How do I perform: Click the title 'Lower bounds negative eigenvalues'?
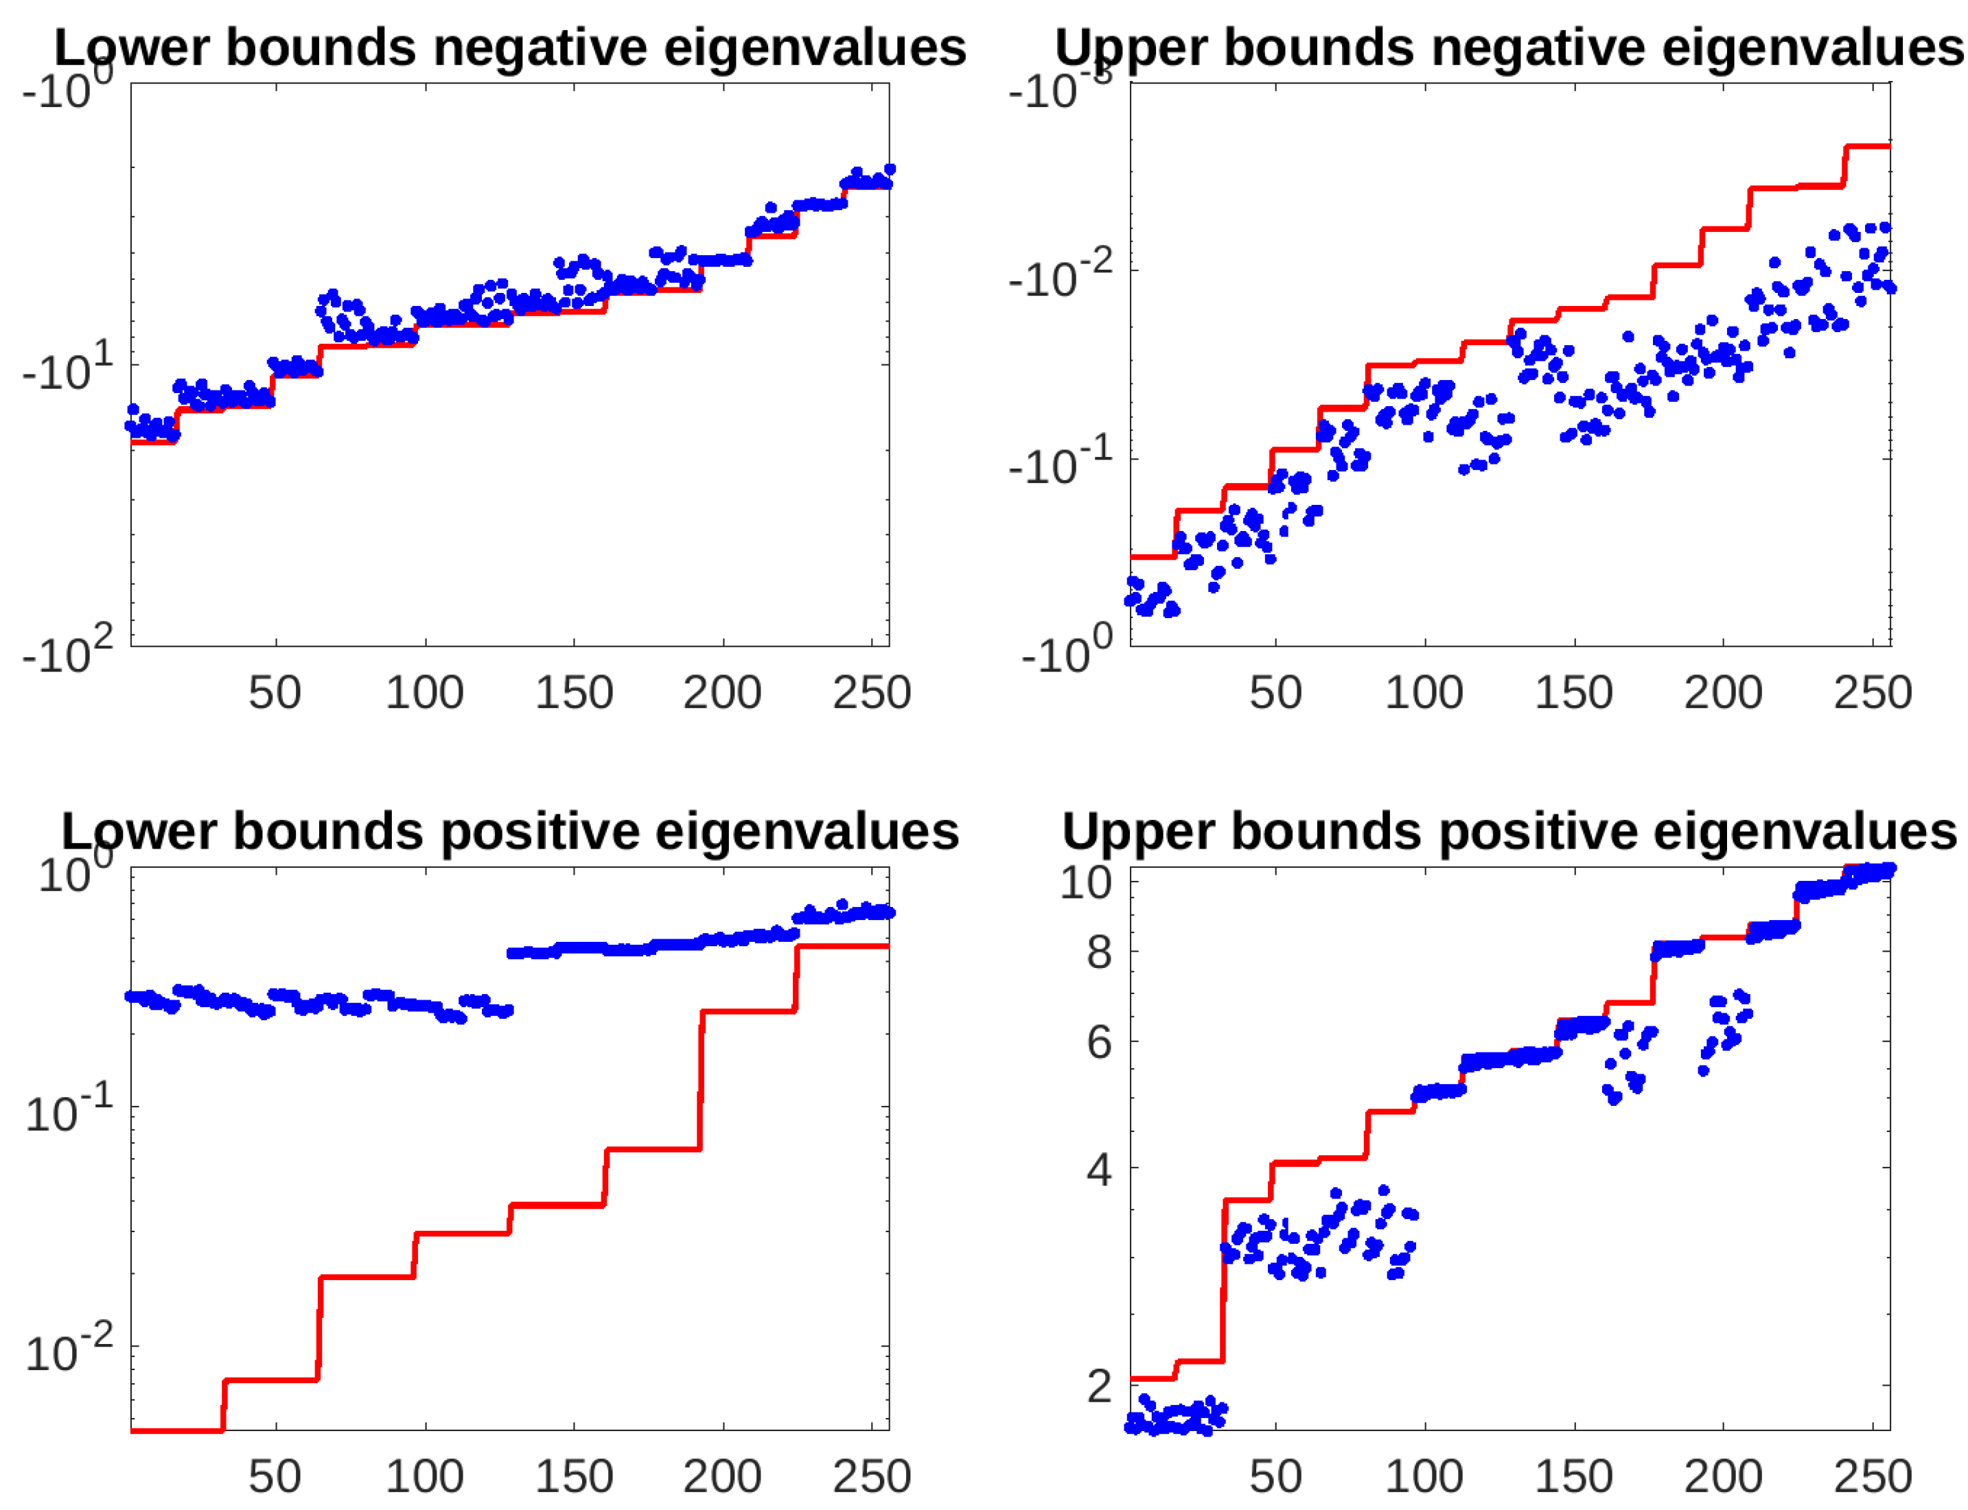[x=510, y=47]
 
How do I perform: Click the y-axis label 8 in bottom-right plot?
[x=1098, y=951]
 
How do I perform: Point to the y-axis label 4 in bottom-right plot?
[x=1098, y=1168]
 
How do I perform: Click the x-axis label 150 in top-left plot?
[x=574, y=692]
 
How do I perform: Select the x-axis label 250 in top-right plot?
[x=1872, y=692]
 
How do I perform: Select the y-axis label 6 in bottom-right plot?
[x=1098, y=1041]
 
